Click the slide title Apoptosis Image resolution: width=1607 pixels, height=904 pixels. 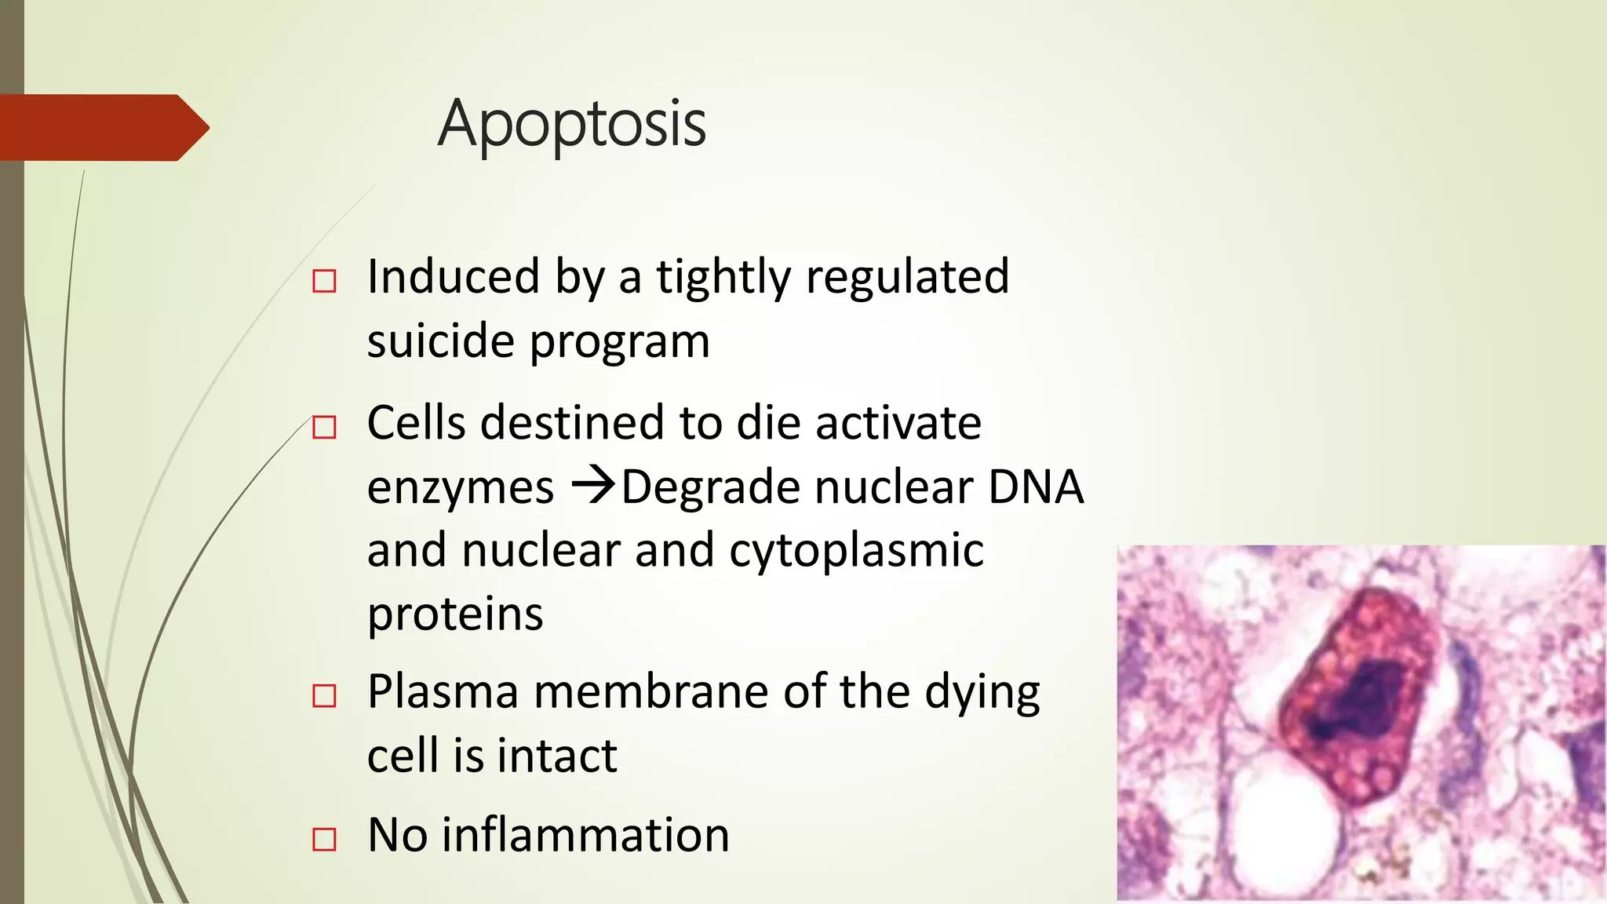pyautogui.click(x=572, y=124)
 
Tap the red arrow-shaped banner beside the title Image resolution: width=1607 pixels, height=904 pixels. pyautogui.click(x=102, y=128)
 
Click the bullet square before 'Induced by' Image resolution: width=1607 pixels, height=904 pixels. pyautogui.click(x=324, y=281)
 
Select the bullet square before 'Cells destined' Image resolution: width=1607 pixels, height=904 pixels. pyautogui.click(x=324, y=428)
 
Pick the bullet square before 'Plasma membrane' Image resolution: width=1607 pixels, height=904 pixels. pyautogui.click(x=324, y=696)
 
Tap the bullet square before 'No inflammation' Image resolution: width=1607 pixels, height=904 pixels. pyautogui.click(x=324, y=839)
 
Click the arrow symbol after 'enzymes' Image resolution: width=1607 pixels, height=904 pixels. pyautogui.click(x=592, y=486)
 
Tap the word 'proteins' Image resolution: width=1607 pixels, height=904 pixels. pyautogui.click(x=455, y=614)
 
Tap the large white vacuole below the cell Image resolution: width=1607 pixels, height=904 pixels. pyautogui.click(x=1287, y=824)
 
